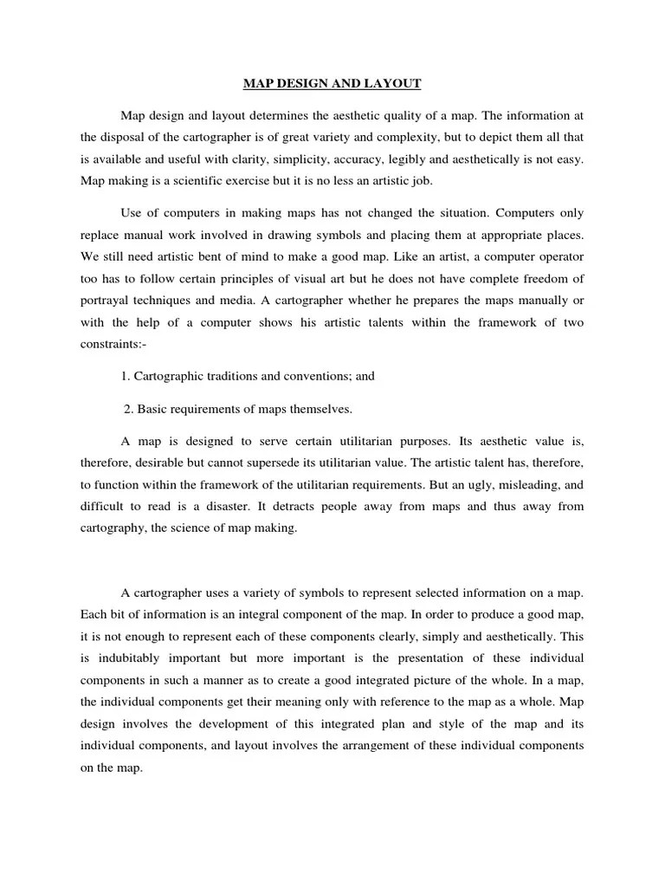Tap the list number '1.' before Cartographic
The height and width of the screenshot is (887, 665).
(126, 377)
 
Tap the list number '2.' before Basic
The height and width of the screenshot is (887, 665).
(129, 409)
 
